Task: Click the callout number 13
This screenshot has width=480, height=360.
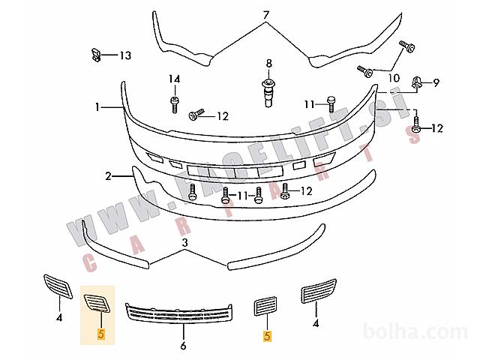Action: [125, 55]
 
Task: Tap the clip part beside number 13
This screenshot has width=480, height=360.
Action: [96, 55]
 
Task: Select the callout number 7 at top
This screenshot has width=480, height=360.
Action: [265, 15]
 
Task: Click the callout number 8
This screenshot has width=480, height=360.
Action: [268, 64]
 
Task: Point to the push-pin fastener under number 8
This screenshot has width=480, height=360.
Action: [268, 92]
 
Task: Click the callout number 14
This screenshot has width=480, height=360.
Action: [175, 79]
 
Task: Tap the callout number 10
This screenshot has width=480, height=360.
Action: [394, 78]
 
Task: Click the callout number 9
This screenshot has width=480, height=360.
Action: [436, 82]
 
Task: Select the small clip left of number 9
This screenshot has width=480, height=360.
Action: [417, 82]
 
